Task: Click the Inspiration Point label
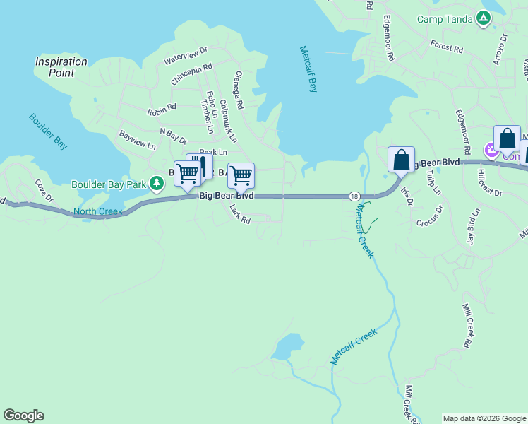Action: tap(61, 67)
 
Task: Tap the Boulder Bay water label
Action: tap(49, 131)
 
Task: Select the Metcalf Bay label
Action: tap(308, 69)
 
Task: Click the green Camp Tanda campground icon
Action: tap(484, 18)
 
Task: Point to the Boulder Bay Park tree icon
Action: tap(157, 184)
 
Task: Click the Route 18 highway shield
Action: tap(354, 196)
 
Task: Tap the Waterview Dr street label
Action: tap(186, 55)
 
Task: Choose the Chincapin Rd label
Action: tap(192, 73)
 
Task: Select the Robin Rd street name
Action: tap(161, 110)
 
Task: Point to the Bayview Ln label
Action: tap(137, 140)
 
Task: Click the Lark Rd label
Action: tap(240, 214)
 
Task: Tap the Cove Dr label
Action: tap(44, 190)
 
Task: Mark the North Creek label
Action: tap(97, 211)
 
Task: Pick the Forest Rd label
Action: tap(446, 47)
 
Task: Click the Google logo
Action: tap(23, 416)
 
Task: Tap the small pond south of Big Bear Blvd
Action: tap(287, 348)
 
